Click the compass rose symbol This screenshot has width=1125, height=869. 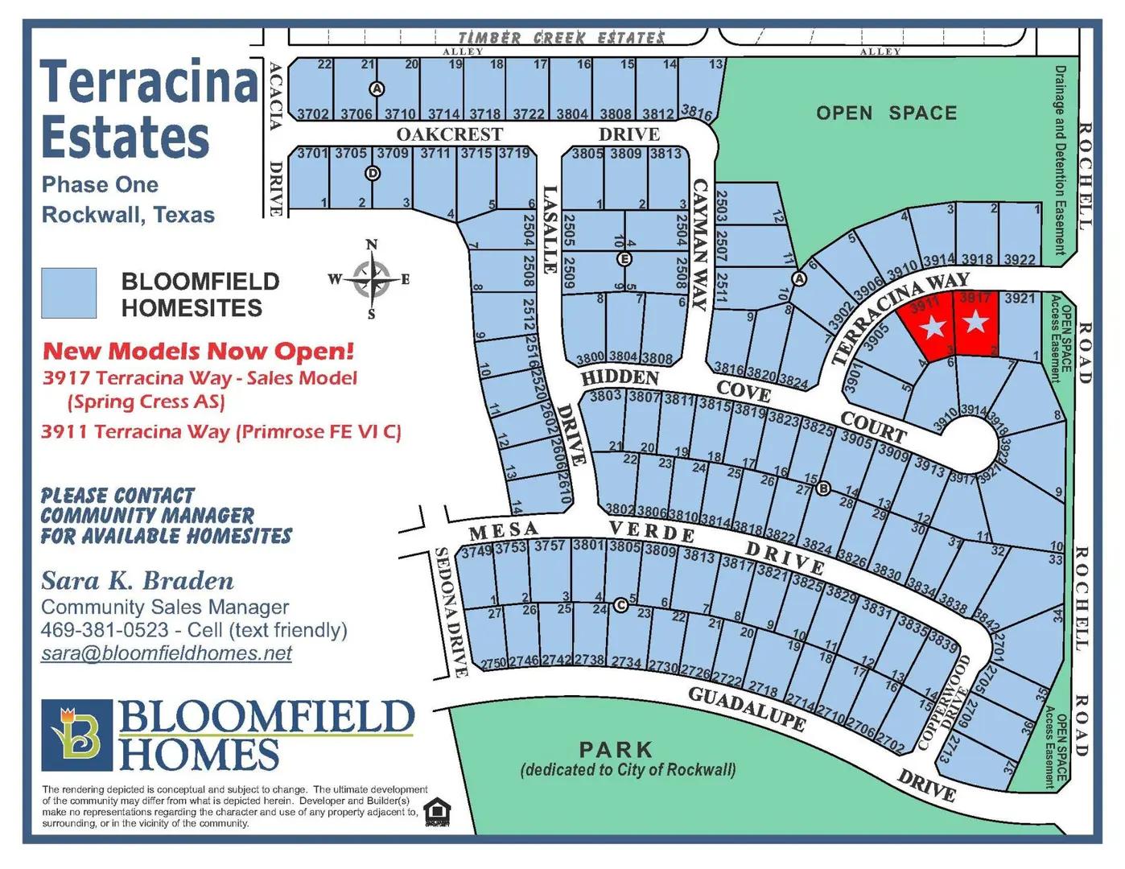(371, 279)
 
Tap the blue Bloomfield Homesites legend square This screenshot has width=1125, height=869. (69, 293)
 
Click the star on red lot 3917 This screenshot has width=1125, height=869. (975, 323)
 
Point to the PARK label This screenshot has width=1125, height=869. (616, 749)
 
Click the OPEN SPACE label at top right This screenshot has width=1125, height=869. (886, 113)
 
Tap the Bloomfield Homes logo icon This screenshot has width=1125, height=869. (76, 735)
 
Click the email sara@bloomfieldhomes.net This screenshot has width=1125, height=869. (167, 653)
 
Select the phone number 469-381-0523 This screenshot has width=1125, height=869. (105, 630)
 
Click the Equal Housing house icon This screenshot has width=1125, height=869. (436, 811)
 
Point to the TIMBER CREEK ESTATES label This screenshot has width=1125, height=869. (561, 38)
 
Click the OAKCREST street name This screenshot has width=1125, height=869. (449, 134)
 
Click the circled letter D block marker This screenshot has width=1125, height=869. (373, 173)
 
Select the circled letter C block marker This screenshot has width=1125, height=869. (620, 605)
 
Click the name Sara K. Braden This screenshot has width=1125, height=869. (138, 580)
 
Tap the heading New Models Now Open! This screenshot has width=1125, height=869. (198, 351)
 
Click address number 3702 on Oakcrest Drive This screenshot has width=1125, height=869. (313, 114)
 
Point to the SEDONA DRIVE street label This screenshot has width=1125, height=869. (451, 612)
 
